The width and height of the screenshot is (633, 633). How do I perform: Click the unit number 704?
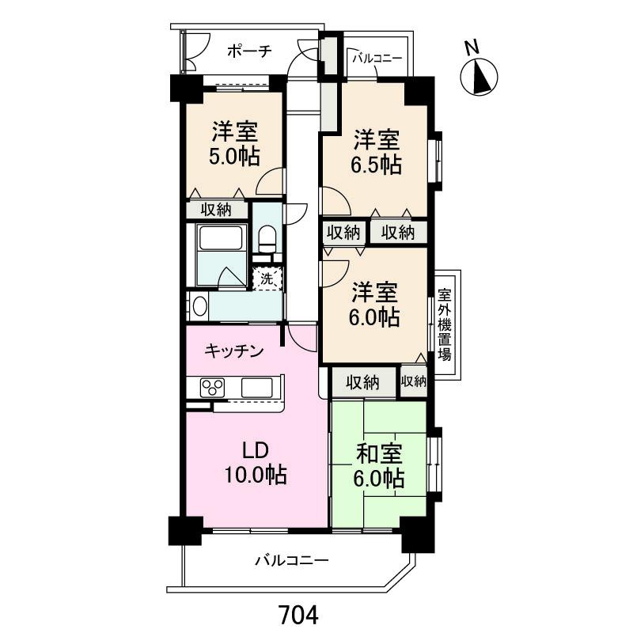(x=299, y=615)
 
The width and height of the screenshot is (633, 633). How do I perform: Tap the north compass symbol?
(x=479, y=77)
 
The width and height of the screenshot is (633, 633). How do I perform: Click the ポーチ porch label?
(x=249, y=51)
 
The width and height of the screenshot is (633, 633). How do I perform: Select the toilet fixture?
(x=267, y=239)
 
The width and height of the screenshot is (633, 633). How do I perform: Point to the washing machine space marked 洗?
(x=267, y=279)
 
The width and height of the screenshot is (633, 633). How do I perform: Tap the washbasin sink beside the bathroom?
(x=199, y=306)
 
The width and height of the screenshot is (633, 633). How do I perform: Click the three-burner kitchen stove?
(x=212, y=388)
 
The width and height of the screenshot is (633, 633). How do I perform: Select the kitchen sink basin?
(x=257, y=388)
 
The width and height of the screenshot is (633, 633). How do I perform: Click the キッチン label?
(x=234, y=351)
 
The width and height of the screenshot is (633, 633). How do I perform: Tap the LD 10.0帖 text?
(x=256, y=463)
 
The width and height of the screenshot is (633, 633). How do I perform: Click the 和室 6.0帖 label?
(x=379, y=466)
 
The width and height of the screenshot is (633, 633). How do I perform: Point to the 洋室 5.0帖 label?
(x=234, y=144)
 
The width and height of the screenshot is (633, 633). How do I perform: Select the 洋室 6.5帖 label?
(x=377, y=151)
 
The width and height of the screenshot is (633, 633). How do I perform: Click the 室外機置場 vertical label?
(x=445, y=325)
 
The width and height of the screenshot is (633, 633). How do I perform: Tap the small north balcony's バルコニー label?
(x=377, y=59)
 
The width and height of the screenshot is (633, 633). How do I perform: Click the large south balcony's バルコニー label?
(x=292, y=560)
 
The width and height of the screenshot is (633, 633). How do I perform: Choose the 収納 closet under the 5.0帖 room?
(x=216, y=210)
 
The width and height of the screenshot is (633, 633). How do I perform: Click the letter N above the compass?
(x=472, y=47)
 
